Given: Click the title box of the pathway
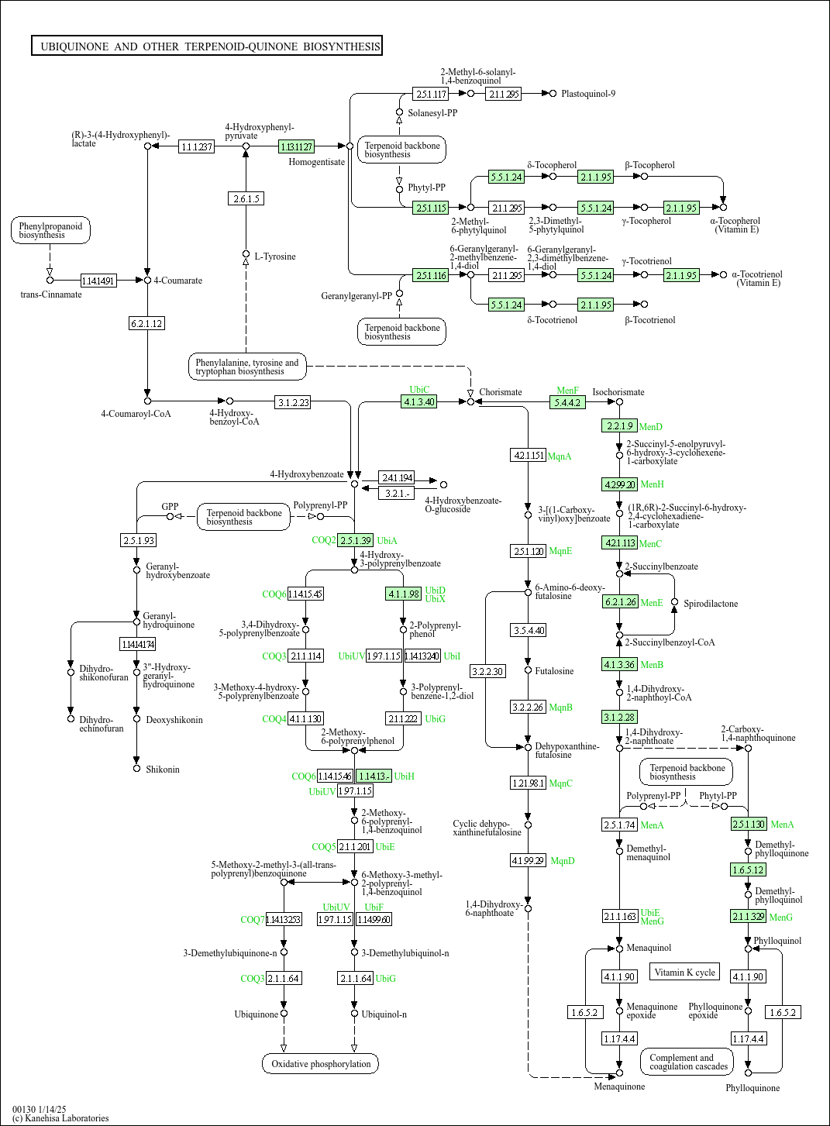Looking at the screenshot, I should pyautogui.click(x=207, y=46).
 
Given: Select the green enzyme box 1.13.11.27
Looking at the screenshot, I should pyautogui.click(x=296, y=146).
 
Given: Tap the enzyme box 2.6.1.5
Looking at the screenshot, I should pyautogui.click(x=246, y=199).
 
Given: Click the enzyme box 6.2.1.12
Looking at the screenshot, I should pyautogui.click(x=147, y=324).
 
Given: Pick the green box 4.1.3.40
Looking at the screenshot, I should pyautogui.click(x=419, y=401).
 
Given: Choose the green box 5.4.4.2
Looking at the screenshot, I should pyautogui.click(x=567, y=402).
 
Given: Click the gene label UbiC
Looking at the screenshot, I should pyautogui.click(x=419, y=390).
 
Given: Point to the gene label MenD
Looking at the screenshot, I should pyautogui.click(x=650, y=427).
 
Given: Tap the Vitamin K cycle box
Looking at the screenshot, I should pyautogui.click(x=685, y=973).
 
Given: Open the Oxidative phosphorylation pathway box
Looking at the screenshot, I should pyautogui.click(x=321, y=1064).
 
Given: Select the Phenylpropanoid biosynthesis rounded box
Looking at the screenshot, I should pyautogui.click(x=50, y=230).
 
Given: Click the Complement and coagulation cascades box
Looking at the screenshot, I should pyautogui.click(x=688, y=1062).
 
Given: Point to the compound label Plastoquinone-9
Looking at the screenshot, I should pyautogui.click(x=588, y=94).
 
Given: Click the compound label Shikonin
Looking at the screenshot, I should pyautogui.click(x=163, y=770).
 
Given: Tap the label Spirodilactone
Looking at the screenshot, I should pyautogui.click(x=711, y=604).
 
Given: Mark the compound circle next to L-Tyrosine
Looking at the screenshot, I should pyautogui.click(x=246, y=254).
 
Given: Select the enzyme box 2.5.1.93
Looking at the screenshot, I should pyautogui.click(x=139, y=540).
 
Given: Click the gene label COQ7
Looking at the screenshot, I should pyautogui.click(x=252, y=920).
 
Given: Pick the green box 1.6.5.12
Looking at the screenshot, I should pyautogui.click(x=748, y=870).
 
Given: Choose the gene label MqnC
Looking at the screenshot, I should pyautogui.click(x=560, y=783).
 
